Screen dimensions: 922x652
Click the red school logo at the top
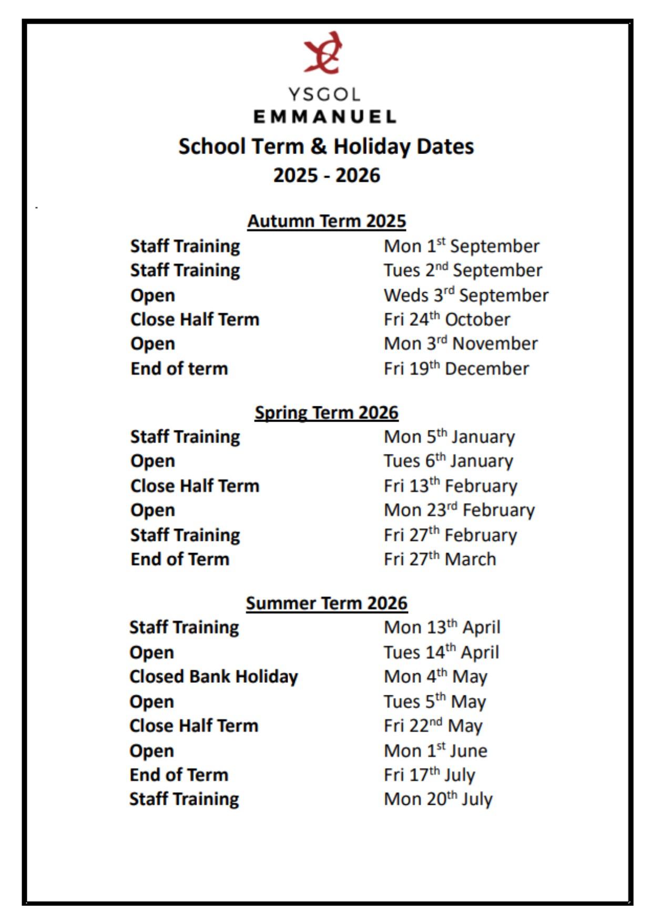pyautogui.click(x=323, y=53)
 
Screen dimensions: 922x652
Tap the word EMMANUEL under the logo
pyautogui.click(x=325, y=116)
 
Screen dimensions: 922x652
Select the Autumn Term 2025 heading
pyautogui.click(x=327, y=221)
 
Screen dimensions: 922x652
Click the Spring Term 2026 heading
pyautogui.click(x=327, y=413)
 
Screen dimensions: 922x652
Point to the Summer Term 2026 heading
pyautogui.click(x=327, y=603)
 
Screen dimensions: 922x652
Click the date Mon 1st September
pyautogui.click(x=462, y=246)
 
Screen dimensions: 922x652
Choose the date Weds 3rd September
pyautogui.click(x=466, y=295)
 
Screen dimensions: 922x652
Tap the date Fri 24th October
pyautogui.click(x=447, y=320)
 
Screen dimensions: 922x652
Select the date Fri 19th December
pyautogui.click(x=456, y=368)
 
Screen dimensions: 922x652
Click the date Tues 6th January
pyautogui.click(x=448, y=461)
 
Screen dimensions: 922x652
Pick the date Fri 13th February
pyautogui.click(x=450, y=486)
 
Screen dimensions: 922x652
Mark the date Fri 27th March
pyautogui.click(x=440, y=559)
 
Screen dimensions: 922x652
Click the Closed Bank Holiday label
pyautogui.click(x=213, y=677)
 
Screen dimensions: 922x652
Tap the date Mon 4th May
pyautogui.click(x=435, y=677)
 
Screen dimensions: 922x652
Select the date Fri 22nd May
pyautogui.click(x=433, y=726)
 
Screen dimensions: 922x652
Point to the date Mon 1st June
pyautogui.click(x=435, y=751)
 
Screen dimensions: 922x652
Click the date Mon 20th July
pyautogui.click(x=438, y=799)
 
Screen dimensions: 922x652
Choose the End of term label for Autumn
pyautogui.click(x=179, y=368)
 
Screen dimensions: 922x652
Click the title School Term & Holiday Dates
pyautogui.click(x=326, y=147)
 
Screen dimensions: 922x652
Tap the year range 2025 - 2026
pyautogui.click(x=327, y=175)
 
